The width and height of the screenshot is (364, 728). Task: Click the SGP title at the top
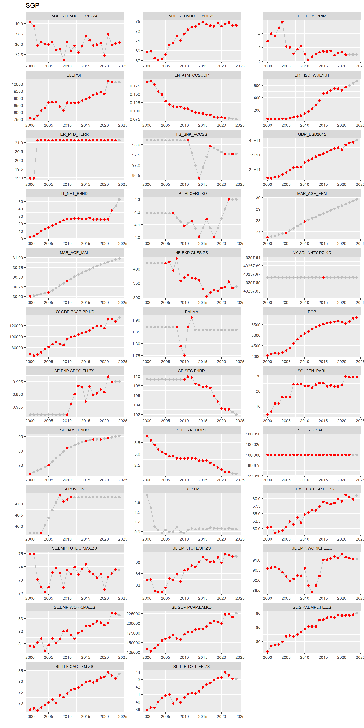pos(32,5)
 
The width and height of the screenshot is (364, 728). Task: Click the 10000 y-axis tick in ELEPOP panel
pos(17,84)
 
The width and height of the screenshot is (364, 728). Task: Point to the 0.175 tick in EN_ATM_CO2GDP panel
pos(135,86)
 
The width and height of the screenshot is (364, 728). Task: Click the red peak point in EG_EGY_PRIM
pos(282,22)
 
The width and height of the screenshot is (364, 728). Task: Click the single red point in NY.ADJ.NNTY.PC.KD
pos(323,278)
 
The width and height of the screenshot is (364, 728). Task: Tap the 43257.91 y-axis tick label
pos(252,257)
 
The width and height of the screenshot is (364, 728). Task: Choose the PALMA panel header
pos(191,312)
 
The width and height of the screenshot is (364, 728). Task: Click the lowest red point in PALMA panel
pos(184,355)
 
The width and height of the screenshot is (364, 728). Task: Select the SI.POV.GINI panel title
pos(74,489)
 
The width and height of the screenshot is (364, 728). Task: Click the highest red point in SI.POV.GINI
pos(60,495)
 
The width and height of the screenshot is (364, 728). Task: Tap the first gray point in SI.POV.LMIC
pos(147,495)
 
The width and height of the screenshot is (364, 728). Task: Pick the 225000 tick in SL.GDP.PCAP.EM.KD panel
pos(133,613)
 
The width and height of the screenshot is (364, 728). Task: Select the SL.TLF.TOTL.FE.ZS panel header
pos(191,666)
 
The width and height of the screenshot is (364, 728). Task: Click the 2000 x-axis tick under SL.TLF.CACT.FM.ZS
pos(30,716)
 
